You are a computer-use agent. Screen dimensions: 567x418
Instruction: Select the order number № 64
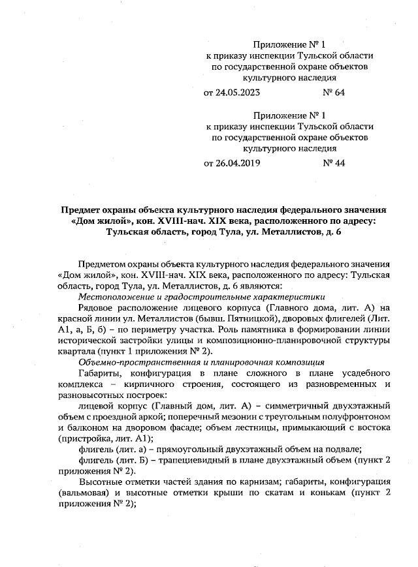pos(334,92)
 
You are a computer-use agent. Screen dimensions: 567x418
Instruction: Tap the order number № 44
pos(334,163)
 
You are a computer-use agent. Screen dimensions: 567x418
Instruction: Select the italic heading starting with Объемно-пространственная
pos(193,361)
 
